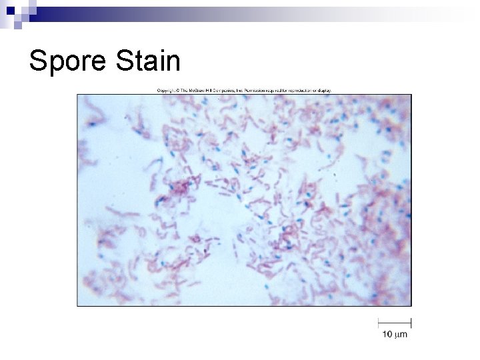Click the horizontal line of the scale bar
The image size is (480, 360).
coord(395,322)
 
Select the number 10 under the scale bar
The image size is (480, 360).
coord(387,333)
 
